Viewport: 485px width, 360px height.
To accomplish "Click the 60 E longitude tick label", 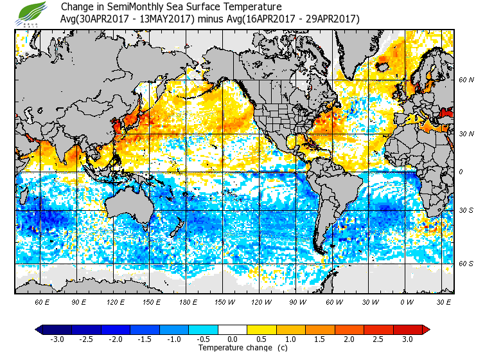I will click(42, 301).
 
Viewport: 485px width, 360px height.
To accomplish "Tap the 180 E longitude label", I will click(188, 301).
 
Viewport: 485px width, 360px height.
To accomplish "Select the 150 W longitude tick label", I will click(224, 301).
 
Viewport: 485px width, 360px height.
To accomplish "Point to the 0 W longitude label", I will click(406, 301).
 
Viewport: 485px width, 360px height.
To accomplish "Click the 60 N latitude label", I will click(466, 80).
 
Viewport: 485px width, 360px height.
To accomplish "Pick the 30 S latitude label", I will click(466, 211).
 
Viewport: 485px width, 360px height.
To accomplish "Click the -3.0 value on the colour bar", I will click(57, 339).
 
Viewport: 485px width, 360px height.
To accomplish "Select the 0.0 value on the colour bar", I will click(233, 339).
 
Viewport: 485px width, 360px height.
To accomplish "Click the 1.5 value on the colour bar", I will click(321, 339).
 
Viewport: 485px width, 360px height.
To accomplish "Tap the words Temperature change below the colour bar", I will click(228, 348).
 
